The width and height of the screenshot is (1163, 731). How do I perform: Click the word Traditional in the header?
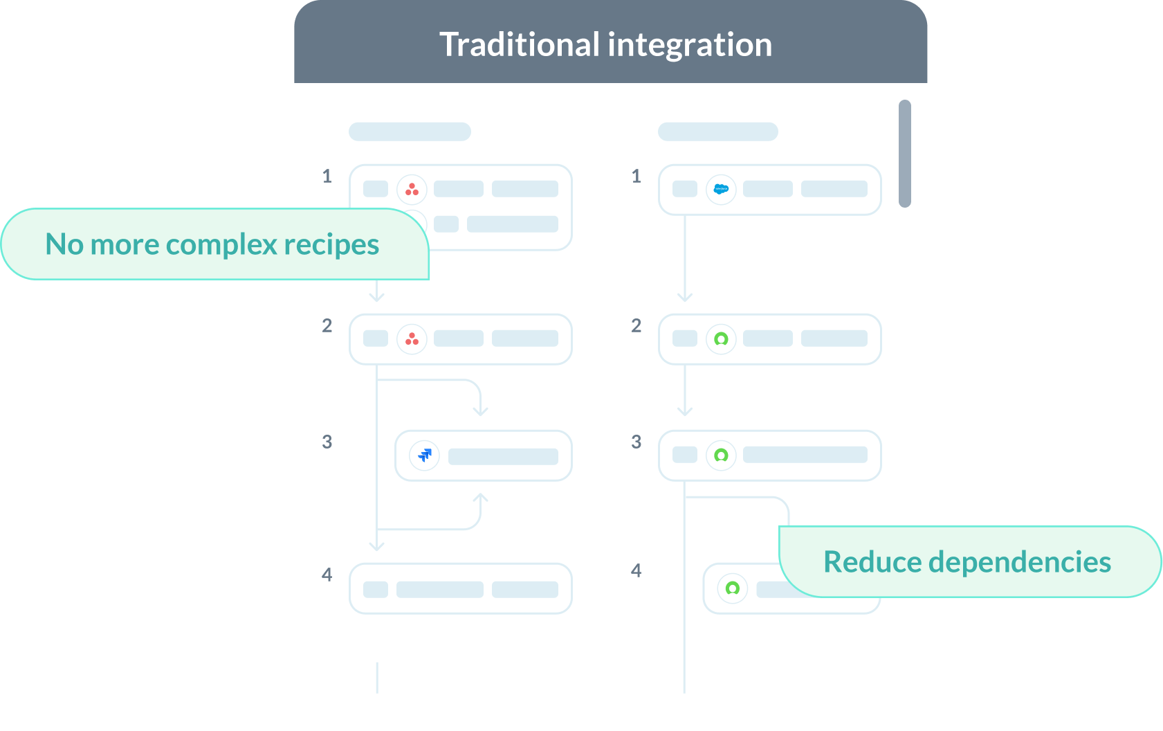click(x=519, y=45)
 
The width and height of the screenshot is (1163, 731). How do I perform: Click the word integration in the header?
click(x=690, y=45)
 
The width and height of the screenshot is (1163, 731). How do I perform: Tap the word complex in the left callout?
click(x=221, y=244)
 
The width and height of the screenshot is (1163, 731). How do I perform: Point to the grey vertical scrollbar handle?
click(x=904, y=154)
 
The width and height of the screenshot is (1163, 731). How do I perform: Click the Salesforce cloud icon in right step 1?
click(x=721, y=189)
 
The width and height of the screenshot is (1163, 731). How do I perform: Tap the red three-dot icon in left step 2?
click(x=412, y=339)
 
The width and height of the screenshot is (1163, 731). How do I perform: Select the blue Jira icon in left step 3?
click(x=425, y=455)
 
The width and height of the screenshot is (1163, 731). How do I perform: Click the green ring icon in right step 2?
click(x=721, y=339)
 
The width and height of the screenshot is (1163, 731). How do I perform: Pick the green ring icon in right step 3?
click(x=721, y=455)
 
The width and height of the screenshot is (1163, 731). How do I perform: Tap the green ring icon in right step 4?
click(x=732, y=588)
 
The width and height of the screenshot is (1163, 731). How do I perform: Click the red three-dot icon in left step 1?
click(x=412, y=189)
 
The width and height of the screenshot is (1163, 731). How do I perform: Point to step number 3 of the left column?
click(x=327, y=442)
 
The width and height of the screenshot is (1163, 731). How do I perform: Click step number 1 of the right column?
click(x=637, y=176)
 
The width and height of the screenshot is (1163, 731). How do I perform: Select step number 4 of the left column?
click(x=327, y=575)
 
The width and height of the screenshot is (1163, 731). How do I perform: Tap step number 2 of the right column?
click(x=637, y=325)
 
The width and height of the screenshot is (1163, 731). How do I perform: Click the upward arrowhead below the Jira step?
click(x=480, y=498)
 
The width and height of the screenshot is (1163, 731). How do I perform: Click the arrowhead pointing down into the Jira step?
click(x=480, y=411)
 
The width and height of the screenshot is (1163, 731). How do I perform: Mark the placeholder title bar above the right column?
click(x=717, y=132)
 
